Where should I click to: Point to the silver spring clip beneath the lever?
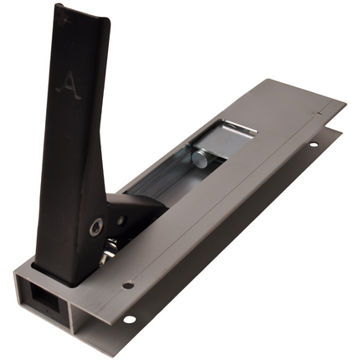click(x=111, y=249)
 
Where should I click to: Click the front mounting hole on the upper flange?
click(x=127, y=285)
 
